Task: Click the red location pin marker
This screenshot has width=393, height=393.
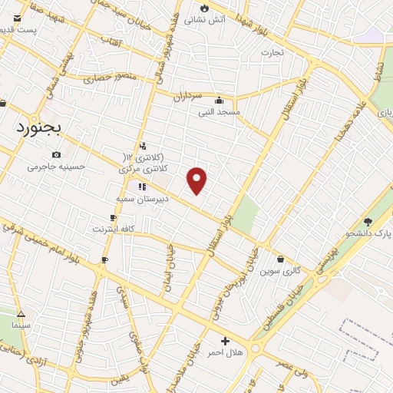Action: tap(197, 180)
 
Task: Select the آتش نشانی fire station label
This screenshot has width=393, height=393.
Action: tap(229, 18)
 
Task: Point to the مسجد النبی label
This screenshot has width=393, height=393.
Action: tap(220, 112)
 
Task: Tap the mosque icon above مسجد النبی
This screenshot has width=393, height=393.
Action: tap(220, 100)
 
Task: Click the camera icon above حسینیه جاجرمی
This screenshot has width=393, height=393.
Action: tap(57, 155)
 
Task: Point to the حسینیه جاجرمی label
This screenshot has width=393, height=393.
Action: tap(57, 167)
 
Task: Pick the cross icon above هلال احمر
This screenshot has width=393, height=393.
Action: tap(225, 341)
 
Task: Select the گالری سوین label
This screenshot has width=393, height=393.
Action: tap(279, 271)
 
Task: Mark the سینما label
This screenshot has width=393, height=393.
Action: tap(21, 325)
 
